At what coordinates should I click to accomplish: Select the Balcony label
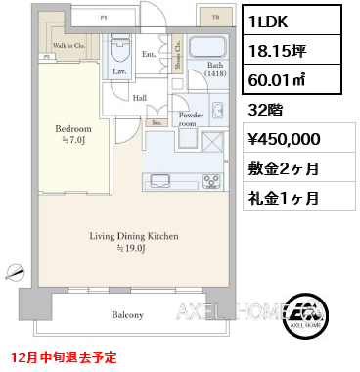128,315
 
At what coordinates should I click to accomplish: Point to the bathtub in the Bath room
206,49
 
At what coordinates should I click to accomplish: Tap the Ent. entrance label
148,55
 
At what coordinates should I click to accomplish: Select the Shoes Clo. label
177,53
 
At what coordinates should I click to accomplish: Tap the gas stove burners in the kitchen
211,179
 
